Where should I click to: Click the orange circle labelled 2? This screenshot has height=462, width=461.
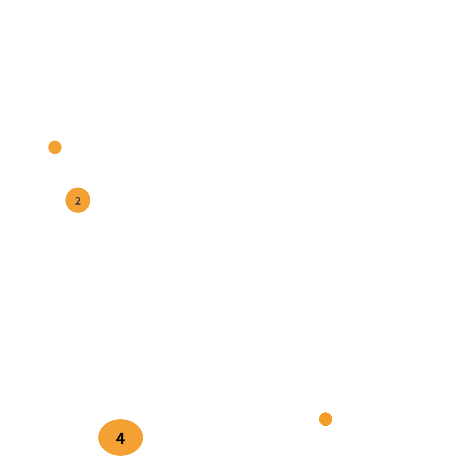click(78, 200)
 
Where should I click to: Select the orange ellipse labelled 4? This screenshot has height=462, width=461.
click(120, 437)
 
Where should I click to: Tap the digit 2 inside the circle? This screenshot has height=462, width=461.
click(78, 201)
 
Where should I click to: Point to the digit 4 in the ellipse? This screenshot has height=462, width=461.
click(120, 438)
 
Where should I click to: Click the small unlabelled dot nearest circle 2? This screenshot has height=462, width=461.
click(55, 147)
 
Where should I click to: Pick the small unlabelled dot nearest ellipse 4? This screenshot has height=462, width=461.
click(325, 419)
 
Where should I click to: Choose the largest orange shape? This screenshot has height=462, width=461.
click(120, 437)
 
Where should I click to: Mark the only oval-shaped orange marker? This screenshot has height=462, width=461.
click(120, 437)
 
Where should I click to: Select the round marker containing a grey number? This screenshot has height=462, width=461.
click(78, 200)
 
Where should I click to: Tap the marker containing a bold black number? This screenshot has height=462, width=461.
click(120, 437)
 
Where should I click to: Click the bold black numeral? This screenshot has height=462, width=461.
click(120, 438)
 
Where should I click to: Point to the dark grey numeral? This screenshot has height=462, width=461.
click(78, 201)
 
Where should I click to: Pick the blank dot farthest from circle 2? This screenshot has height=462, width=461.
click(325, 419)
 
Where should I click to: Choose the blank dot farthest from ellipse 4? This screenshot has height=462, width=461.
click(55, 147)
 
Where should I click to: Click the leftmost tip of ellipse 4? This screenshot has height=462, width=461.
click(98, 437)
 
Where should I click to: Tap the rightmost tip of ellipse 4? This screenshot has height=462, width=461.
click(143, 437)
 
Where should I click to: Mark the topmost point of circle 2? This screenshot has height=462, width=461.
click(78, 187)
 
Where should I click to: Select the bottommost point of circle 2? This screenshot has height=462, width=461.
click(78, 212)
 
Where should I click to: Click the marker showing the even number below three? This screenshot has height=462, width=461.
click(78, 200)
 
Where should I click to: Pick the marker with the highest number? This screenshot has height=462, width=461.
click(120, 437)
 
